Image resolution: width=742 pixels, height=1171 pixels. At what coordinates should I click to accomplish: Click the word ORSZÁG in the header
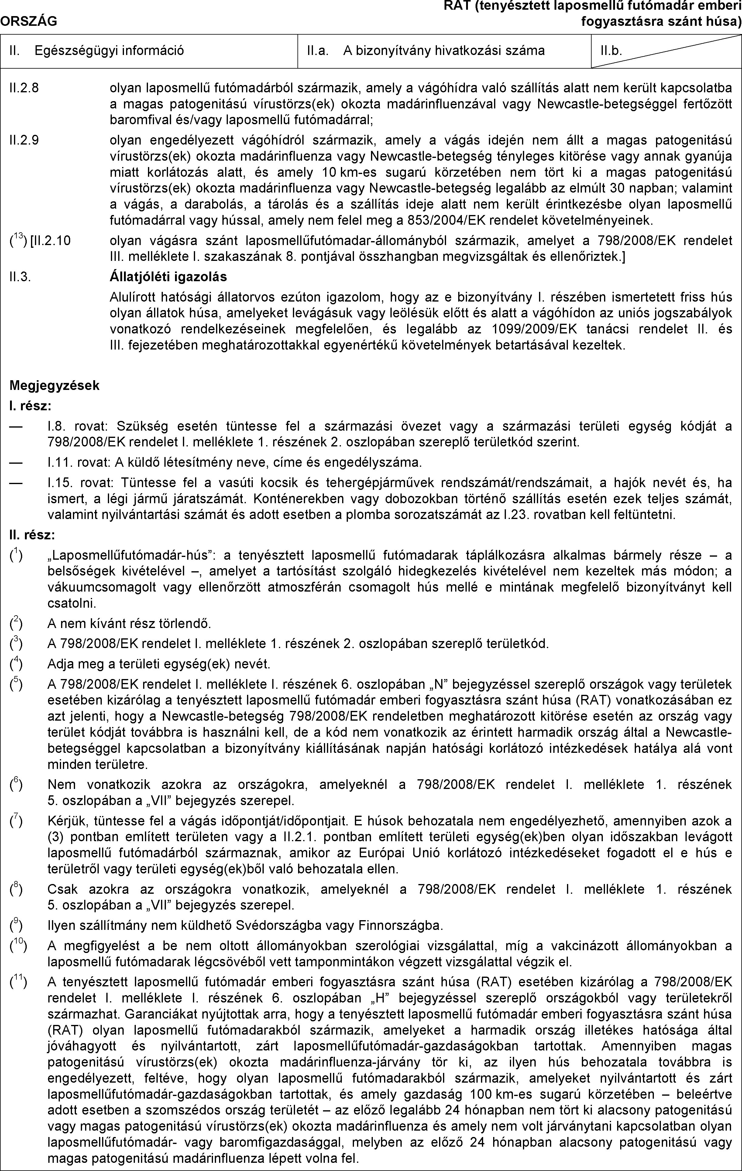(29, 21)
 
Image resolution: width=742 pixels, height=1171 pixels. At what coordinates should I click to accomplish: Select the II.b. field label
(611, 51)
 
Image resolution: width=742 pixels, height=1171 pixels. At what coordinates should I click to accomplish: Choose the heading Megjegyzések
(54, 386)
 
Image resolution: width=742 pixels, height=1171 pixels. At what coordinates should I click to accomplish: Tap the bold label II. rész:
(33, 535)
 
